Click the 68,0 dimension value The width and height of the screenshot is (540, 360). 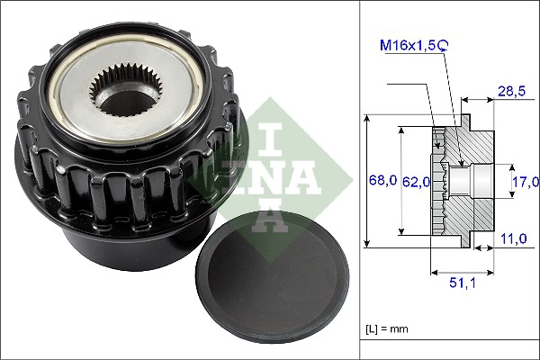[383, 179]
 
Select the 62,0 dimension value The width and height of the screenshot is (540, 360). [415, 181]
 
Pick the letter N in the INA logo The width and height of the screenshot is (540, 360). [271, 172]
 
